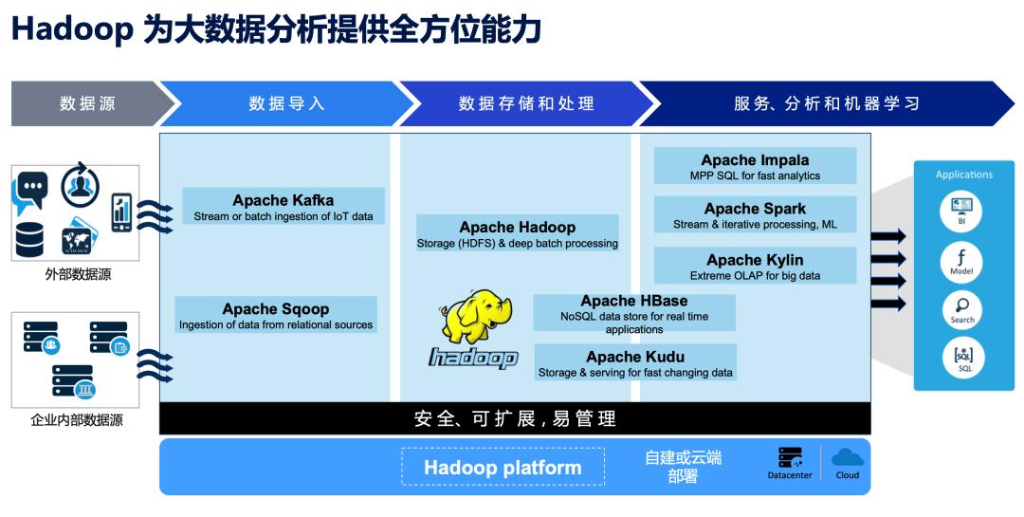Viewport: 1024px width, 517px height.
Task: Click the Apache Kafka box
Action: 283,206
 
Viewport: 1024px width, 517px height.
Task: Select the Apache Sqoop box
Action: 276,314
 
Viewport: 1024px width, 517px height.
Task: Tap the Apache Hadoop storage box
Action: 518,233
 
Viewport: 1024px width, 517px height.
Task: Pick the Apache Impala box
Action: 755,165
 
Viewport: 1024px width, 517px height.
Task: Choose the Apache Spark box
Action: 755,214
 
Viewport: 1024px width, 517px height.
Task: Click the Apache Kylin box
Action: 755,266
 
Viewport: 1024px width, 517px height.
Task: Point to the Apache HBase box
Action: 634,313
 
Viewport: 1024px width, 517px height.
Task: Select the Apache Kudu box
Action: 635,362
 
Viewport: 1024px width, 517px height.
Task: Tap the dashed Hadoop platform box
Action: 503,467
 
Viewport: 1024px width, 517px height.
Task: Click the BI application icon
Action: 962,210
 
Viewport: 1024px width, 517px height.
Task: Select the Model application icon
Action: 962,260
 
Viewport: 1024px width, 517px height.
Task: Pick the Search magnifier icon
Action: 962,309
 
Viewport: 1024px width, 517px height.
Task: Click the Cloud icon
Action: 848,456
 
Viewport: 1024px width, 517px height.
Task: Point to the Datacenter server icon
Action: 790,457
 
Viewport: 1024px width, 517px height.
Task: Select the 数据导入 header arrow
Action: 286,104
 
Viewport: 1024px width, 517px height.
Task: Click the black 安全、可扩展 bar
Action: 515,418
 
